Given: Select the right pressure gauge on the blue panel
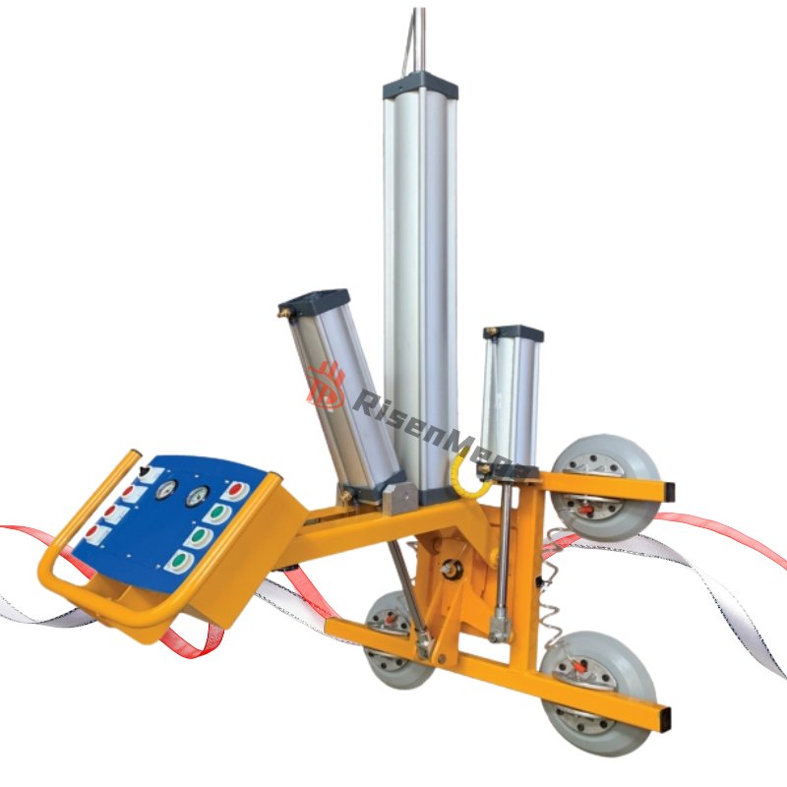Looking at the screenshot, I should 197,496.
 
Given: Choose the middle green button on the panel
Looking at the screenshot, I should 200,537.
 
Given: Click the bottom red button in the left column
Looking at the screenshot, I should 94,532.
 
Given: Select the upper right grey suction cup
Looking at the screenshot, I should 603,487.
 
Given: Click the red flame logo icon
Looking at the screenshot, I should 326,385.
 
